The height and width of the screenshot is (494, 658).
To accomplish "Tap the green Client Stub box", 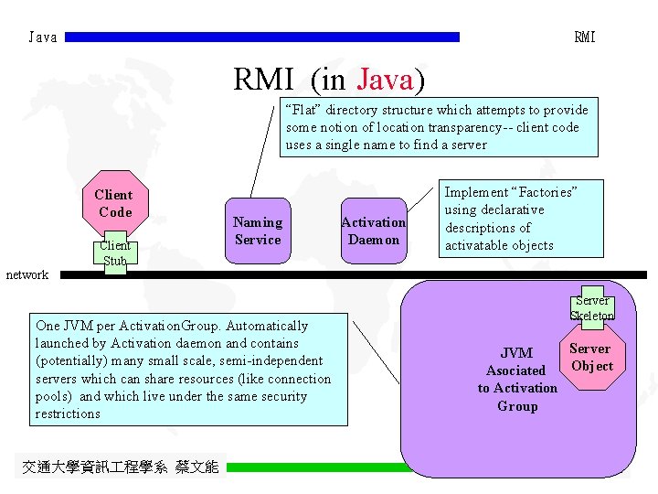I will (x=115, y=253).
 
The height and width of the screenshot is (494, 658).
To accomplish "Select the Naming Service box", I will (x=258, y=231).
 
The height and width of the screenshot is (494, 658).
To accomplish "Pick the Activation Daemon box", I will (x=373, y=231).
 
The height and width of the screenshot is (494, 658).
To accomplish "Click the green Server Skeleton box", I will (x=591, y=307).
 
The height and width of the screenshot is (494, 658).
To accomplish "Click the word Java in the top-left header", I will (x=43, y=38).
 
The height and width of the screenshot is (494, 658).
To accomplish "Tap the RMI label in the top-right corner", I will (x=584, y=38).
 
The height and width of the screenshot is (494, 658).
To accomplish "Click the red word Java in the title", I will (x=386, y=80).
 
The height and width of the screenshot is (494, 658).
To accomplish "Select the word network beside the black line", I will (x=27, y=274).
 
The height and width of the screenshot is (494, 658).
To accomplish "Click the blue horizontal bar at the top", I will (x=263, y=38).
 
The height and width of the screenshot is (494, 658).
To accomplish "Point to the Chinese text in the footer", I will (x=120, y=467).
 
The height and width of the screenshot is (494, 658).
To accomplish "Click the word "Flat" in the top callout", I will (x=306, y=110).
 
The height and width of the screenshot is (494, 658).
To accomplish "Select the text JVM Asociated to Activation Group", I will (x=516, y=379).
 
